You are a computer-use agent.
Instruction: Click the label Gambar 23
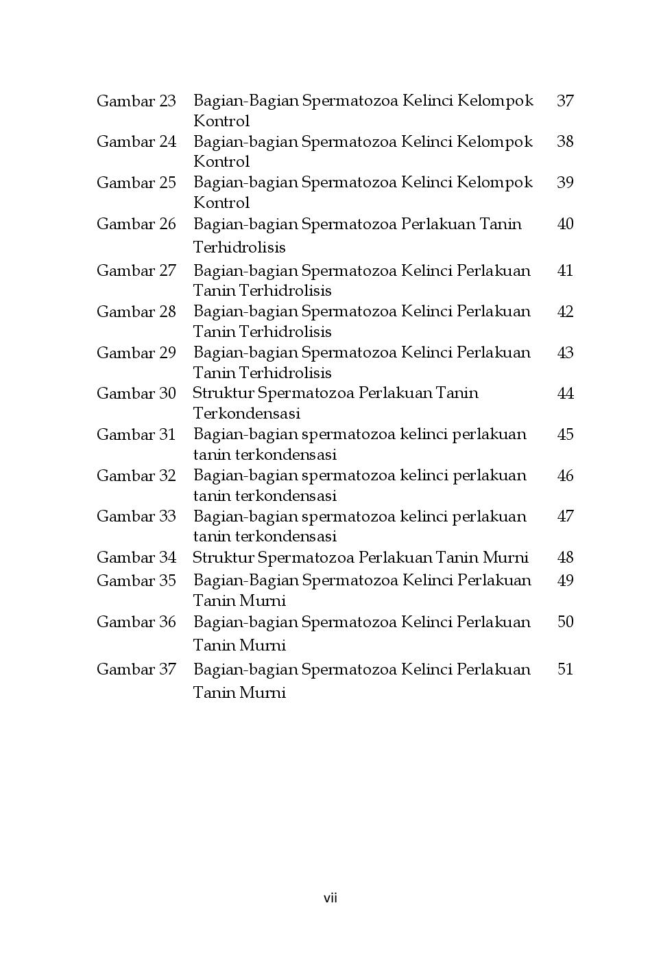point(136,101)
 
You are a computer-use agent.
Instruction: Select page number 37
point(565,101)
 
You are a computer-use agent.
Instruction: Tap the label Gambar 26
point(136,224)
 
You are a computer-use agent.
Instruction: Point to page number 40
point(565,224)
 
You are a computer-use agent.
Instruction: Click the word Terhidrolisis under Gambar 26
point(239,247)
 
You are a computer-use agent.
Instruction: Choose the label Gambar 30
point(136,393)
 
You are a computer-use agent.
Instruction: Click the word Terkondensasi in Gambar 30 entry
point(246,414)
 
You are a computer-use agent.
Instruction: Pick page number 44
point(565,393)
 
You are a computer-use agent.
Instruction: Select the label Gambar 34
point(136,557)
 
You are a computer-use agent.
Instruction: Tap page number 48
point(565,557)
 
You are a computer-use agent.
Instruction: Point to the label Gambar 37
point(136,669)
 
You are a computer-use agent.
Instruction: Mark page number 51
point(565,669)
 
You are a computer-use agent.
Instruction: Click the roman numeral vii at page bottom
point(330,898)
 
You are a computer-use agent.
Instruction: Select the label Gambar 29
point(136,353)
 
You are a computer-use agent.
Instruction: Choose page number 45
point(565,434)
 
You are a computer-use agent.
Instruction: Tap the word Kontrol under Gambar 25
point(221,203)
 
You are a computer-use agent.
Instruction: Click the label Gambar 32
point(136,476)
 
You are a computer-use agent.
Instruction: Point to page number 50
point(565,622)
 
